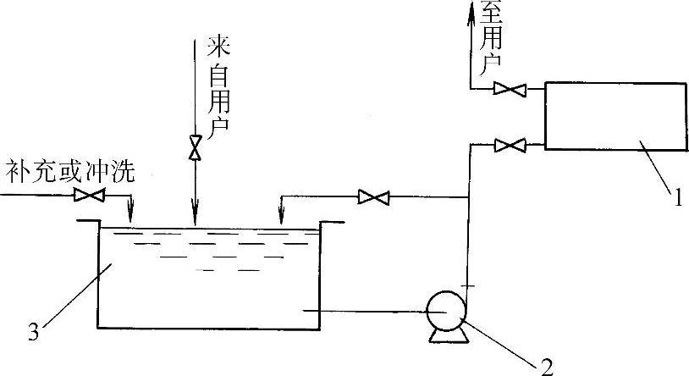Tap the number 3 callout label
33,332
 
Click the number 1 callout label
678,201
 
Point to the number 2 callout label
546,366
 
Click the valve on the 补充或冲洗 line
88,196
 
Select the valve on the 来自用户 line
196,149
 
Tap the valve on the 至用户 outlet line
510,87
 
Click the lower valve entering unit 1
510,146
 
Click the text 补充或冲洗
70,169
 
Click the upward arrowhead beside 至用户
471,10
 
